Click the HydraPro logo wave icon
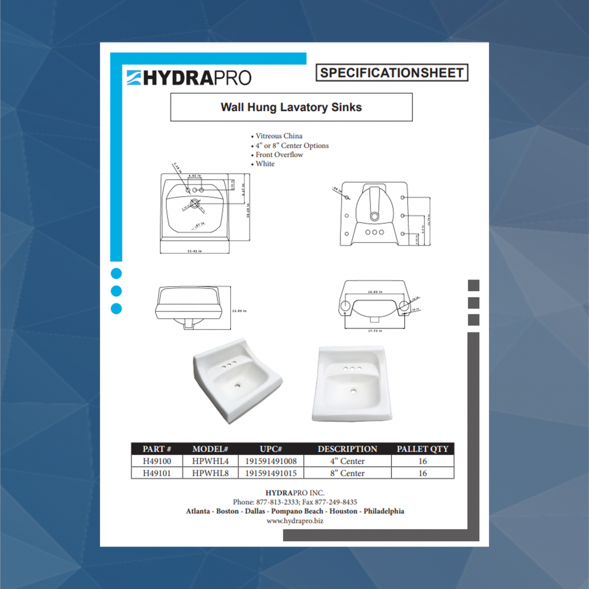click(x=134, y=78)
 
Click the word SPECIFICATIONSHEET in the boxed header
click(x=392, y=73)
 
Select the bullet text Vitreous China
click(x=279, y=136)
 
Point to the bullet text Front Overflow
click(x=279, y=155)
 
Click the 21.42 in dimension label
click(x=196, y=251)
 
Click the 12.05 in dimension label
click(x=239, y=311)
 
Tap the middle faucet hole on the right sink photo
click(x=352, y=368)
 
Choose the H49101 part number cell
click(x=157, y=473)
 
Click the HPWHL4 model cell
click(x=211, y=461)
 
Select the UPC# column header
click(x=270, y=449)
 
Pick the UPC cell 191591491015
click(x=271, y=473)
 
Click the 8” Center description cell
click(x=347, y=473)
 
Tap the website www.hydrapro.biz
click(x=295, y=521)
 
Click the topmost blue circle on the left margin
click(x=116, y=274)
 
